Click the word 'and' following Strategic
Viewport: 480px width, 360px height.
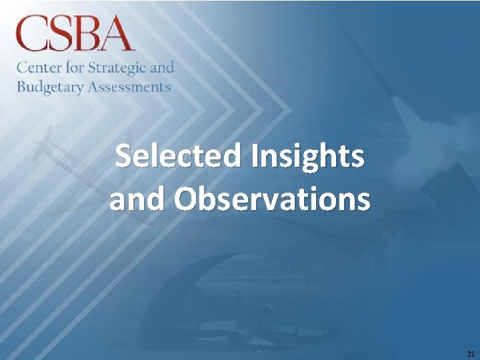163,67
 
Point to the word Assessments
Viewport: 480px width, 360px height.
129,87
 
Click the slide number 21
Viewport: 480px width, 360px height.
471,353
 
